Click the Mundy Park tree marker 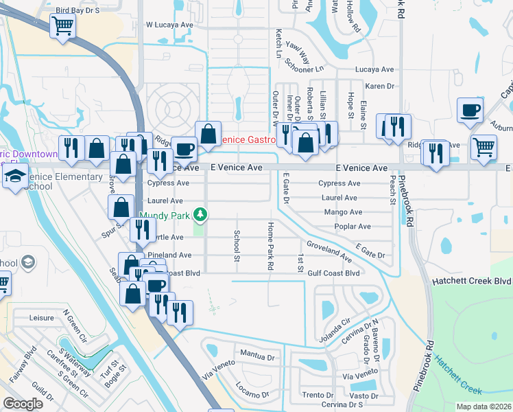(200, 215)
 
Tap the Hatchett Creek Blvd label (472, 282)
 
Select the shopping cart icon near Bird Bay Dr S (62, 27)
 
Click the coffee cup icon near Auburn (470, 110)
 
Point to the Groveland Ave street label (329, 251)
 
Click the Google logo (23, 404)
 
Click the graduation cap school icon (14, 177)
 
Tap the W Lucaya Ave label (170, 24)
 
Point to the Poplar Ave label (352, 227)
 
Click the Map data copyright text (484, 407)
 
